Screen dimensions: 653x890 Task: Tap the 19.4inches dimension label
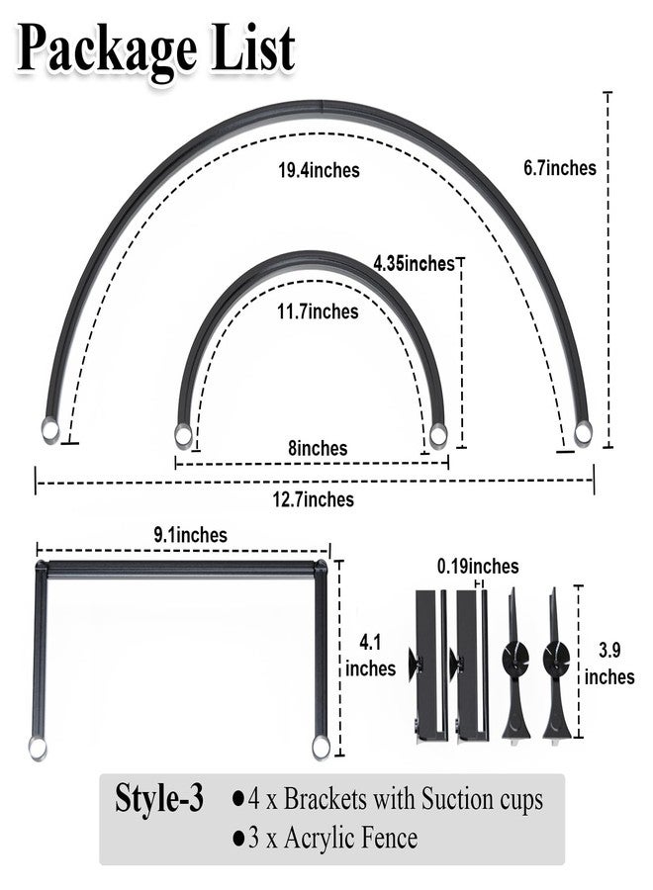319,170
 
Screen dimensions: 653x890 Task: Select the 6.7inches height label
559,167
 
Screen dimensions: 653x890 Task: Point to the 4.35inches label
414,263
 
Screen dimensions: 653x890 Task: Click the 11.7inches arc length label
318,311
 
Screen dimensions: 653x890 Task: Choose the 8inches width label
318,448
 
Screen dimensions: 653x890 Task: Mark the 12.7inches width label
313,499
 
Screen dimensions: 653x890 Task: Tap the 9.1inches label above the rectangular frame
190,535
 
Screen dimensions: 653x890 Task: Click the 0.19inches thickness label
478,566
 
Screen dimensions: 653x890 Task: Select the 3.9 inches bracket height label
609,664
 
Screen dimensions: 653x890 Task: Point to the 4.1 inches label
370,656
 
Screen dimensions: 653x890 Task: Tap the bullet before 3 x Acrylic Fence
238,839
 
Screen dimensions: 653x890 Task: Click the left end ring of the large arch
50,429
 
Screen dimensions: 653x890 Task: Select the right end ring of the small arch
437,435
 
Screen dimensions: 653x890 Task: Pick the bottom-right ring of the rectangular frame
321,748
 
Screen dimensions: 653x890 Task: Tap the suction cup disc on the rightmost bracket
556,658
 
